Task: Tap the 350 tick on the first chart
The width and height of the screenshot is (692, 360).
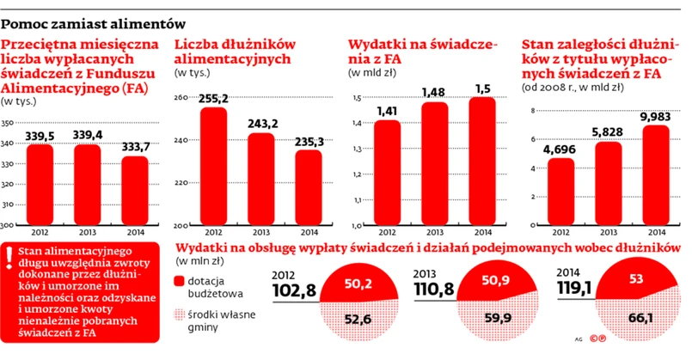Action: click(x=8, y=124)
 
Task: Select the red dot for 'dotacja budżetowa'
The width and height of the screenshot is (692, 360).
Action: click(x=180, y=282)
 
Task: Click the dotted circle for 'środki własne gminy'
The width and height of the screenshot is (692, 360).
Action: click(x=180, y=314)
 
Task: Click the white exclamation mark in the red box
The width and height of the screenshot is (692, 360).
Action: click(x=9, y=253)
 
